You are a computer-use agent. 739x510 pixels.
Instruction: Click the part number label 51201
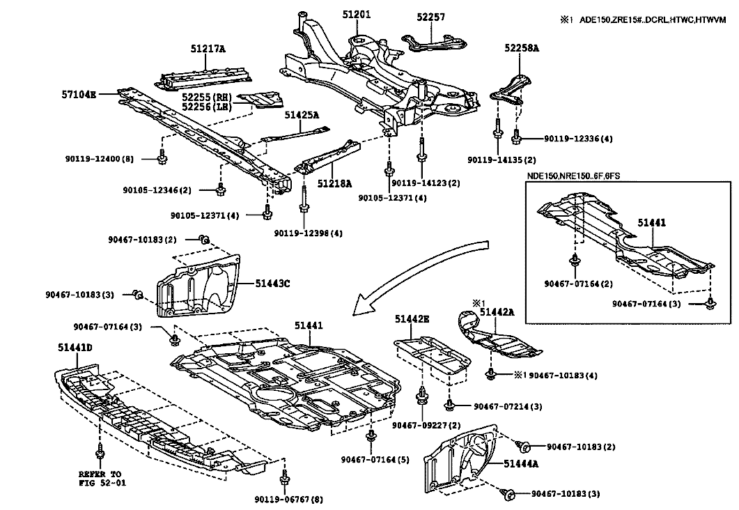coord(356,14)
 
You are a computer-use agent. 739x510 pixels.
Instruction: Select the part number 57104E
coord(79,93)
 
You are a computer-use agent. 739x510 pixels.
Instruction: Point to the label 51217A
coord(208,49)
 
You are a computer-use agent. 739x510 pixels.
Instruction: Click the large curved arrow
coord(425,268)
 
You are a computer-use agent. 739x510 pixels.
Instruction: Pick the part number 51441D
coord(75,346)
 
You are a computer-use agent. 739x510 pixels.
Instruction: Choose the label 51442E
coord(412,319)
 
